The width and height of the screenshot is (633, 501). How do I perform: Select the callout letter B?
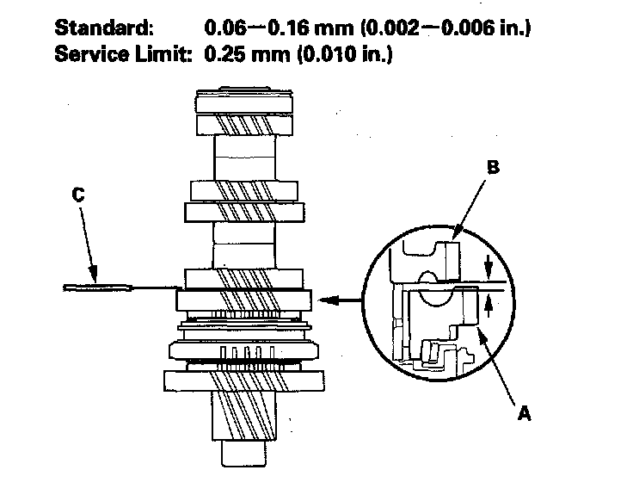point(492,169)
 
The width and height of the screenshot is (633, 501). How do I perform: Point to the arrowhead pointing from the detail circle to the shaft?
point(324,300)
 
